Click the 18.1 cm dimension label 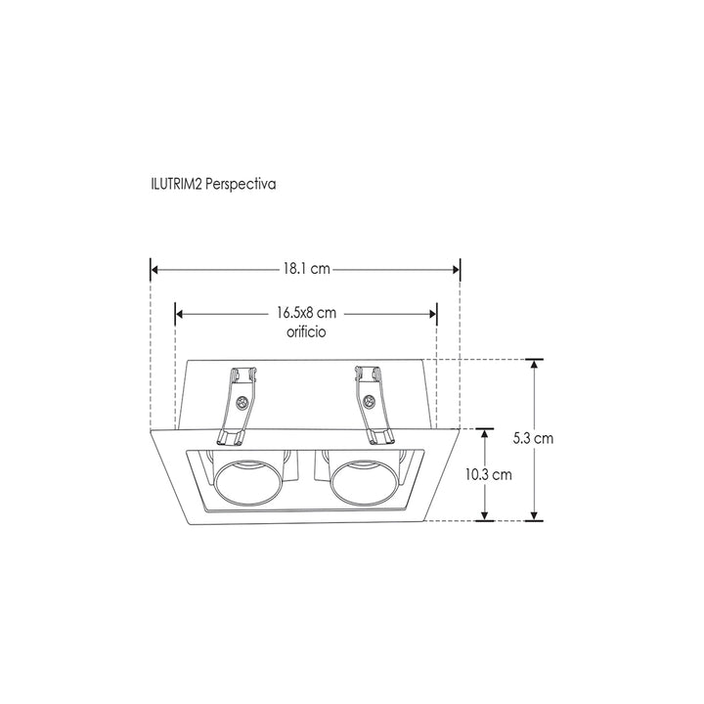pyautogui.click(x=304, y=268)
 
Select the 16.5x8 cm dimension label pyautogui.click(x=306, y=314)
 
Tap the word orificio pyautogui.click(x=306, y=332)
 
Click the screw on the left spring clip pyautogui.click(x=241, y=402)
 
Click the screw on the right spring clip pyautogui.click(x=370, y=401)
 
